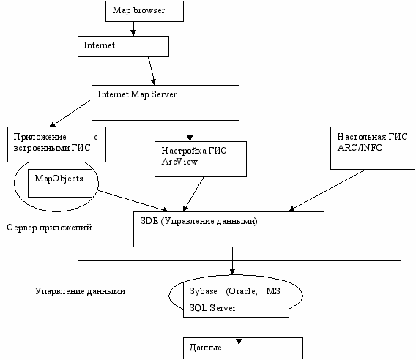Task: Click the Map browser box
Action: [144, 11]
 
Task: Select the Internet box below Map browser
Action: [123, 46]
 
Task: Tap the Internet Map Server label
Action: [137, 94]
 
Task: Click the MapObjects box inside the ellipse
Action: [60, 183]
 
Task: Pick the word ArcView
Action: [179, 162]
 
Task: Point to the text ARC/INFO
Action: [360, 147]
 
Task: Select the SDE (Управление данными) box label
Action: [198, 221]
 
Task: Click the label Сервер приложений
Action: [49, 228]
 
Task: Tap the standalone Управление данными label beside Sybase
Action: [80, 291]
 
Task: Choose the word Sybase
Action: [203, 291]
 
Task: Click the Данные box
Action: [243, 348]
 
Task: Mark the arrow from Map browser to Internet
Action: [133, 29]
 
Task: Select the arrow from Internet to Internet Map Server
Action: [152, 71]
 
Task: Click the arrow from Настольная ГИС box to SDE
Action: [327, 190]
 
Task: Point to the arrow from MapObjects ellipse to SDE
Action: [133, 200]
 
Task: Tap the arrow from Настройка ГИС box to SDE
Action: [193, 194]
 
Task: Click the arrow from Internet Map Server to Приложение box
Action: [70, 113]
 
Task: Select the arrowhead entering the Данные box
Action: [239, 341]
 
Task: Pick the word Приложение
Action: [40, 137]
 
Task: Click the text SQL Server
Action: [212, 308]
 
